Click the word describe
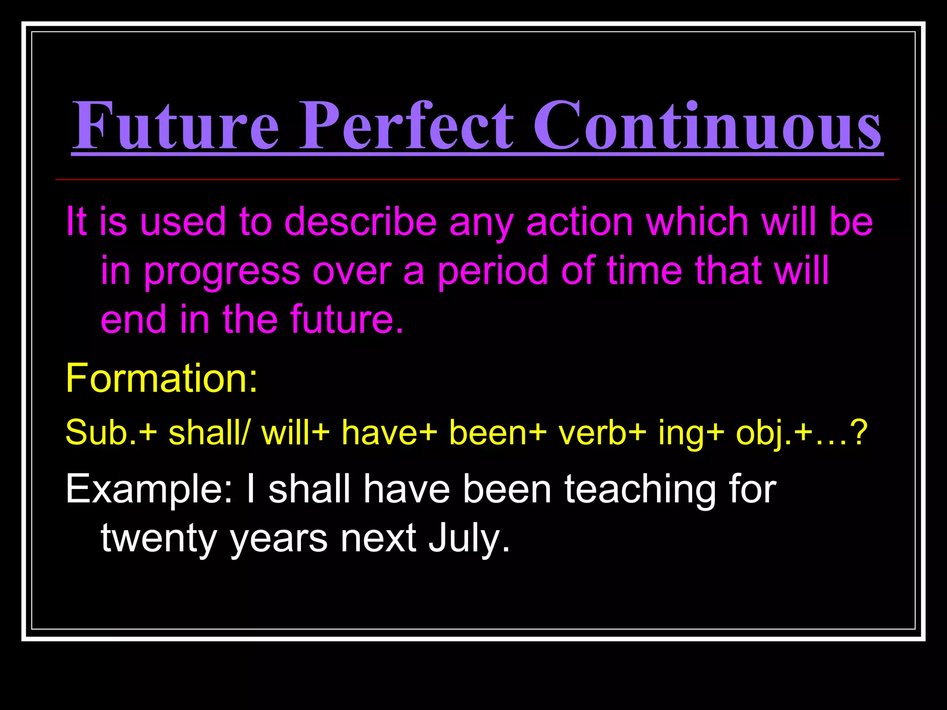point(360,222)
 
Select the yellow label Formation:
point(161,378)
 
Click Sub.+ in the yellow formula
point(111,433)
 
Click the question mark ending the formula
point(859,433)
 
